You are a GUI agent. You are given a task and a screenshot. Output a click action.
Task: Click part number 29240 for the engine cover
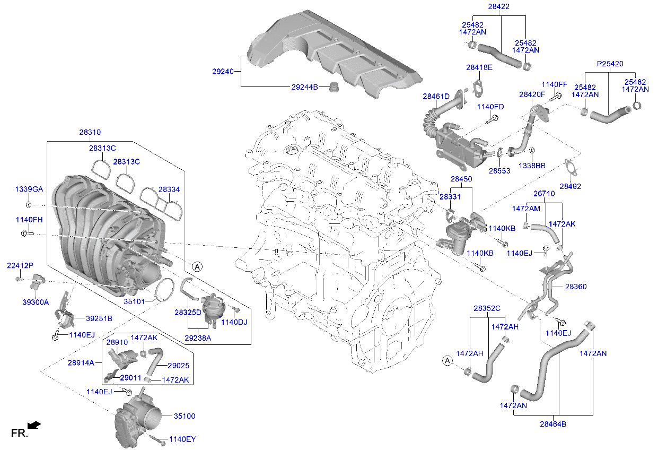pyautogui.click(x=223, y=71)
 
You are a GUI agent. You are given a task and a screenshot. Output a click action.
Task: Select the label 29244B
pyautogui.click(x=304, y=87)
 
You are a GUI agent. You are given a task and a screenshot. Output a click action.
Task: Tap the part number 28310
pyautogui.click(x=90, y=132)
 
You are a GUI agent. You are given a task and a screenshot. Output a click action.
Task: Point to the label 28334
pyautogui.click(x=169, y=189)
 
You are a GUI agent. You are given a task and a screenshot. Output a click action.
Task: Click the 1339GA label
pyautogui.click(x=29, y=189)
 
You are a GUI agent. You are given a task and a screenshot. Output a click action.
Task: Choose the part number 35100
pyautogui.click(x=185, y=417)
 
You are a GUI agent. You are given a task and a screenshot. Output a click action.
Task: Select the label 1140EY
pyautogui.click(x=182, y=440)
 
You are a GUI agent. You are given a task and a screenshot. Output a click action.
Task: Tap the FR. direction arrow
pyautogui.click(x=34, y=425)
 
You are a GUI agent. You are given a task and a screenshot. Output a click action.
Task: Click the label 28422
pyautogui.click(x=498, y=7)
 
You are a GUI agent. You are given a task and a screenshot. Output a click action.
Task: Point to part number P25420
pyautogui.click(x=610, y=64)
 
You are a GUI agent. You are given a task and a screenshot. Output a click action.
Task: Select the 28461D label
pyautogui.click(x=436, y=97)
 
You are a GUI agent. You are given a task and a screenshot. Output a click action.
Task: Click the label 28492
pyautogui.click(x=570, y=186)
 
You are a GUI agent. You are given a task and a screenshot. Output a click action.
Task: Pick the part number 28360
pyautogui.click(x=576, y=287)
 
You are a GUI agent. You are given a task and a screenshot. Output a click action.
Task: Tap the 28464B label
pyautogui.click(x=553, y=424)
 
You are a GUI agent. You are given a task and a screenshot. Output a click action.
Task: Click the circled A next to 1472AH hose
pyautogui.click(x=447, y=361)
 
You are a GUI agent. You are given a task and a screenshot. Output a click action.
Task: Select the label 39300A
pyautogui.click(x=35, y=302)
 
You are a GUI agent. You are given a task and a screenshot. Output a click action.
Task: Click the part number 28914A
pyautogui.click(x=81, y=363)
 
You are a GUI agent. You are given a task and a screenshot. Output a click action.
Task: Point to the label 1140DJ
pyautogui.click(x=234, y=322)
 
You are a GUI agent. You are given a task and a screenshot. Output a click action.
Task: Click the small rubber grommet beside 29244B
pyautogui.click(x=334, y=87)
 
